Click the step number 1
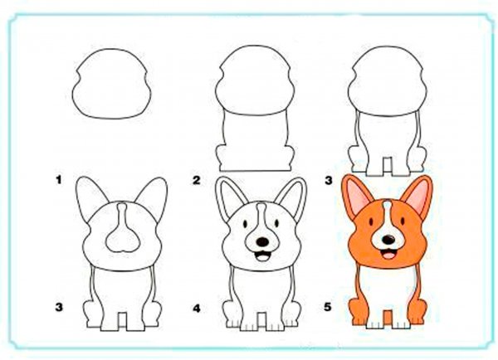click(x=58, y=180)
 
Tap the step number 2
click(x=197, y=180)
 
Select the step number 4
click(x=197, y=308)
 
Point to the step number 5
click(x=328, y=307)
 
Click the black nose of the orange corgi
click(x=388, y=240)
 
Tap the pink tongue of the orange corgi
click(x=388, y=255)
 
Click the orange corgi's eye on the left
click(x=371, y=221)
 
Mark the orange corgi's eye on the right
click(x=403, y=221)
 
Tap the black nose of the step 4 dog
click(x=262, y=242)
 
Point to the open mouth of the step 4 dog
click(x=262, y=255)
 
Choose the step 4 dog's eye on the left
click(x=246, y=224)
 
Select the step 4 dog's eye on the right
click(x=276, y=223)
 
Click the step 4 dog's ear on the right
click(x=292, y=198)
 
